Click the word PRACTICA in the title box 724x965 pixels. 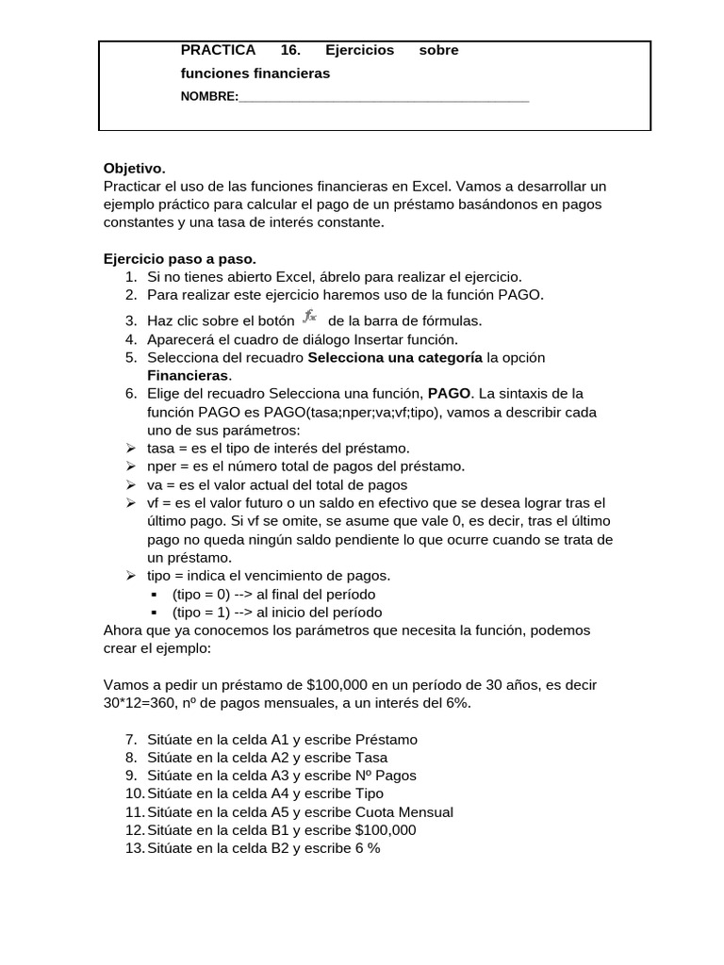[x=218, y=50]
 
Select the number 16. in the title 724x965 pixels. [x=290, y=50]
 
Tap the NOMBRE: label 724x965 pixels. [x=209, y=96]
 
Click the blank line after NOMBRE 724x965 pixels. [x=384, y=97]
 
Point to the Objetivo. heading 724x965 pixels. [x=134, y=169]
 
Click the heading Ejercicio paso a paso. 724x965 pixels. [x=179, y=258]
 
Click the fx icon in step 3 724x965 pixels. [x=310, y=319]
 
